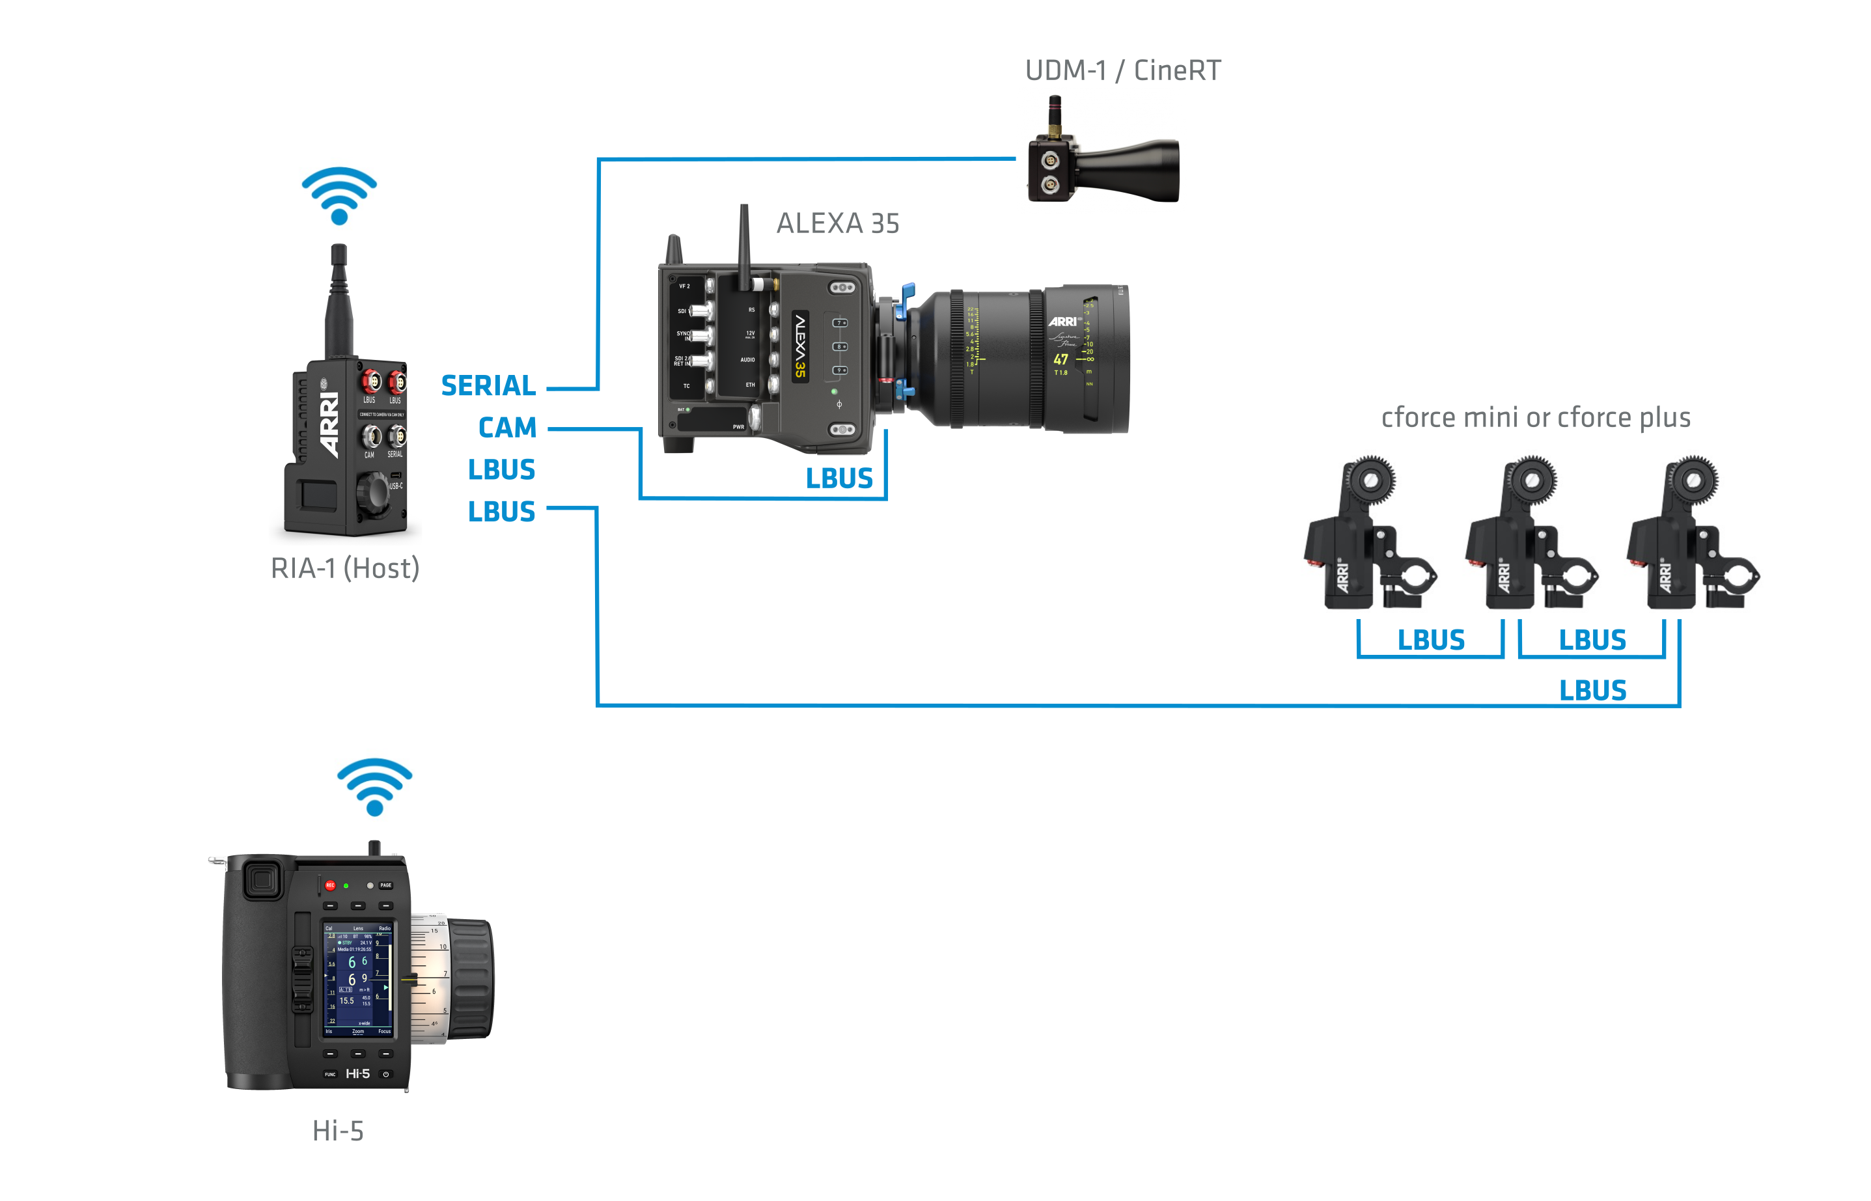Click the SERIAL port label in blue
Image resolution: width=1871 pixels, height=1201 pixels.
[x=488, y=385]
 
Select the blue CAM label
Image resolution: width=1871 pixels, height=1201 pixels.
[x=507, y=428]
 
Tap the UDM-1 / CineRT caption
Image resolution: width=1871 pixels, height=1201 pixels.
[x=1122, y=71]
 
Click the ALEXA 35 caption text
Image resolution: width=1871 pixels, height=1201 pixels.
[x=838, y=224]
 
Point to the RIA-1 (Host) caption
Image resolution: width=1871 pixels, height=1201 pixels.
[x=345, y=568]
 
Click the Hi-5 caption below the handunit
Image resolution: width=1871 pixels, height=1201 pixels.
[x=338, y=1131]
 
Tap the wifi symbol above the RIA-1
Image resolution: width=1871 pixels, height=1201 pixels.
[x=339, y=195]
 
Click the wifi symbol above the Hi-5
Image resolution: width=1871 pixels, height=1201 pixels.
[x=374, y=786]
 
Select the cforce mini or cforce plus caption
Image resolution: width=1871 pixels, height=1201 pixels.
[x=1536, y=418]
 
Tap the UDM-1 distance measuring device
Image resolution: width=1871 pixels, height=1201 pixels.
[x=1103, y=164]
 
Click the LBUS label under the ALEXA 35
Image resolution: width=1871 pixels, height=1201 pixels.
[x=839, y=478]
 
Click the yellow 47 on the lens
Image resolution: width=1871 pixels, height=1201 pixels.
[x=1060, y=359]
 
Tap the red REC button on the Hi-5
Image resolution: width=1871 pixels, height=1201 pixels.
[x=330, y=885]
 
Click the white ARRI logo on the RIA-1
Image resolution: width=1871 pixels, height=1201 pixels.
[x=330, y=425]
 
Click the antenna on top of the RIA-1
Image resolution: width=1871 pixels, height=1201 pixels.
[x=339, y=300]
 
